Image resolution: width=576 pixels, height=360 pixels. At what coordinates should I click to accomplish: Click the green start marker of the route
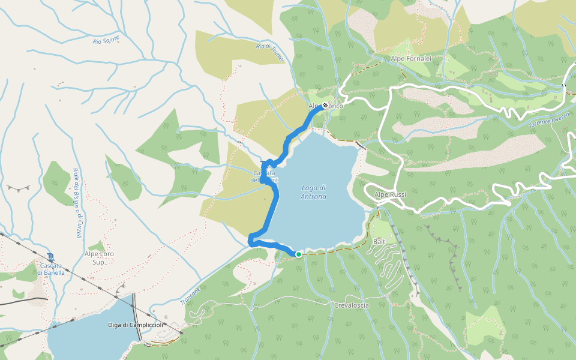[298, 254]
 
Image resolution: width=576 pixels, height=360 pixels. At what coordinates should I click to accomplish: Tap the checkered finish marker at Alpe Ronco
[325, 106]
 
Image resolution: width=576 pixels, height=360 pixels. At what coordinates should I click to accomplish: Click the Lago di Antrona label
[314, 192]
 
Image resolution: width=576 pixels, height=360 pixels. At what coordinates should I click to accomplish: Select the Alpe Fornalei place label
[411, 59]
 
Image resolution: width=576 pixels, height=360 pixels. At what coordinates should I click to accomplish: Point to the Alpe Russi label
[391, 195]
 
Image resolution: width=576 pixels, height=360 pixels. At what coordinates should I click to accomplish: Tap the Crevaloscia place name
[352, 305]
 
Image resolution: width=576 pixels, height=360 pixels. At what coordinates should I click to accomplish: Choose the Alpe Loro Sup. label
[99, 258]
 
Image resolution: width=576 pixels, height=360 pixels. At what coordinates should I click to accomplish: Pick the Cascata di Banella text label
[51, 269]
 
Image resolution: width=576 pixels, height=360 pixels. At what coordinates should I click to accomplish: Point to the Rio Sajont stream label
[106, 41]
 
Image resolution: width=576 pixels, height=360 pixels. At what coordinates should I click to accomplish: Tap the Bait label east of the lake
[379, 241]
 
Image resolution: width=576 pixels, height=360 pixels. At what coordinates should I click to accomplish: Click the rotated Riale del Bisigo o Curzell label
[77, 203]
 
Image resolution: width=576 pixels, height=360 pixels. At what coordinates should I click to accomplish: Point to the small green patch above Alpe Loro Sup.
[96, 246]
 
